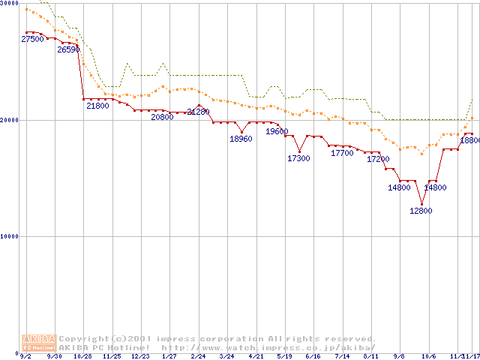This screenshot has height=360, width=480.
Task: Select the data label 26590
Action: pyautogui.click(x=68, y=49)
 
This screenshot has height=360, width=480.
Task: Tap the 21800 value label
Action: pyautogui.click(x=97, y=106)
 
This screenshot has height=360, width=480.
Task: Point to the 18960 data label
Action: pyautogui.click(x=241, y=139)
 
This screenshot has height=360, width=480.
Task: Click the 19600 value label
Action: pyautogui.click(x=277, y=131)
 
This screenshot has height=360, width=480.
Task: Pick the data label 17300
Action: pyautogui.click(x=298, y=158)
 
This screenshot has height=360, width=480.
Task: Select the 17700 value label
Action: pyautogui.click(x=342, y=153)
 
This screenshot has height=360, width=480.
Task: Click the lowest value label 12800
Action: pyautogui.click(x=421, y=211)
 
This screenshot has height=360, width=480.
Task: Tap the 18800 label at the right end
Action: pyautogui.click(x=469, y=140)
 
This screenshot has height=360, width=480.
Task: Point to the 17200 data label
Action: pyautogui.click(x=378, y=159)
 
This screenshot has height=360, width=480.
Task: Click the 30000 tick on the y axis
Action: pyautogui.click(x=10, y=4)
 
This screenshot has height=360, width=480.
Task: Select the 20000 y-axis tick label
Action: pyautogui.click(x=10, y=120)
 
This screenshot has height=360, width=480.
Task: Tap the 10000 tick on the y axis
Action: pyautogui.click(x=10, y=236)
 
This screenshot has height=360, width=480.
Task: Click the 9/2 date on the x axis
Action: pyautogui.click(x=25, y=356)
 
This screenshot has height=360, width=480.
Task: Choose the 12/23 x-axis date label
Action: pyautogui.click(x=140, y=356)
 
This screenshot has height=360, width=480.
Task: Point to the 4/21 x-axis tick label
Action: pyautogui.click(x=256, y=356)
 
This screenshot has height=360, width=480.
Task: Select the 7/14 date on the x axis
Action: pyautogui.click(x=342, y=356)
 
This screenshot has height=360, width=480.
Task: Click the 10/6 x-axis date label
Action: pyautogui.click(x=428, y=356)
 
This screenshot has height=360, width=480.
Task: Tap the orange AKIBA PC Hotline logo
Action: pyautogui.click(x=39, y=343)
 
